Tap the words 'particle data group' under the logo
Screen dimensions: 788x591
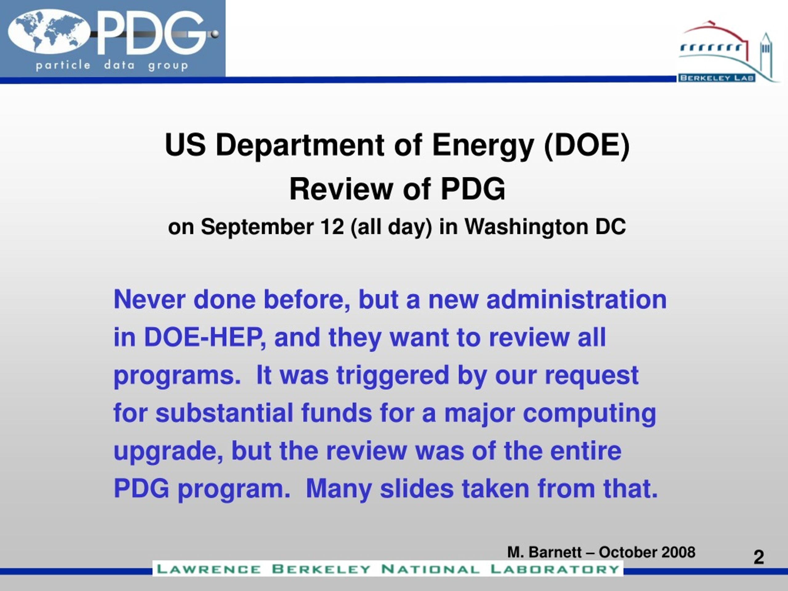112,66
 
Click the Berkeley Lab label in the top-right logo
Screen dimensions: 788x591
716,78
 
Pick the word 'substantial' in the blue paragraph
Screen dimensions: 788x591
224,413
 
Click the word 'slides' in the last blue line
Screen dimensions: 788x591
417,488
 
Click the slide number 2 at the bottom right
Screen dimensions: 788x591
759,557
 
